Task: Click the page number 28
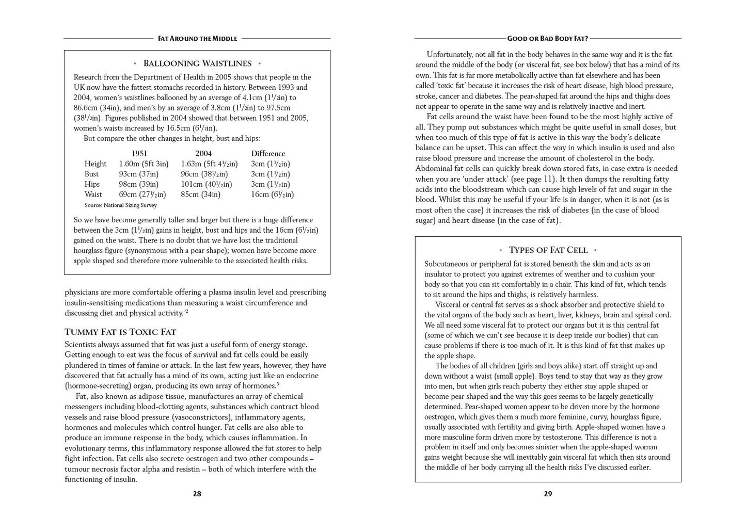pos(197,494)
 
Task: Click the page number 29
pos(548,494)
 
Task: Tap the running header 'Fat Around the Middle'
pos(197,39)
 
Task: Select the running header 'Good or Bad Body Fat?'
pos(548,39)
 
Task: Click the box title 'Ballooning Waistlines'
pos(197,63)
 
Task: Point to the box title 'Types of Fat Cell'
pos(548,250)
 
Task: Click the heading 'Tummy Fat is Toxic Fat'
pos(120,332)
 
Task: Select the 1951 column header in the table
pos(139,154)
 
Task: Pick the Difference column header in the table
pos(268,154)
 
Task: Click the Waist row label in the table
pos(93,195)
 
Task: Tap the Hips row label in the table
pos(92,184)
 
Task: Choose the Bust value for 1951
pos(138,174)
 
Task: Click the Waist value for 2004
pos(200,195)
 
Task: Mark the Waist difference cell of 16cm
pos(272,195)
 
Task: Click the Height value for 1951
pos(144,164)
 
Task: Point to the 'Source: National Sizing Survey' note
pos(120,205)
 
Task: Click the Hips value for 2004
pos(206,184)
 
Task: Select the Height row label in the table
pos(96,164)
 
